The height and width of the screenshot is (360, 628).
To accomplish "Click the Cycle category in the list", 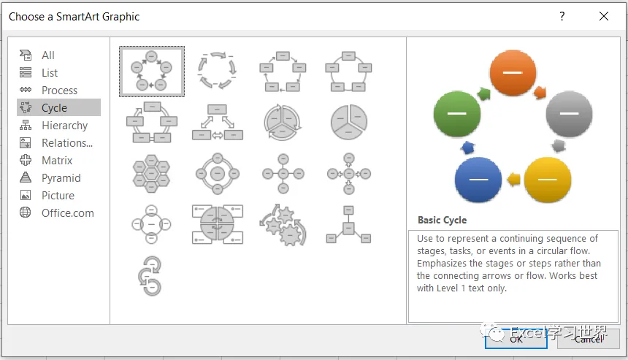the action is tap(55, 108).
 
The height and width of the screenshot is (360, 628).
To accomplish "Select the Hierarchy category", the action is tap(64, 126).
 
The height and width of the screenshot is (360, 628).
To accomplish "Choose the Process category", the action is tap(59, 91).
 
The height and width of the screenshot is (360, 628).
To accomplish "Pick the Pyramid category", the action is tap(61, 178).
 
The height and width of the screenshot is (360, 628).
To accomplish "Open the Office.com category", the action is tap(67, 213).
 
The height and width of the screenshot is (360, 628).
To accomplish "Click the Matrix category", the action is tap(57, 161).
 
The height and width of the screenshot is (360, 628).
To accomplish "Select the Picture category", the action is tap(58, 196).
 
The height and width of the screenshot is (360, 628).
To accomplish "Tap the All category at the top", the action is tap(48, 55).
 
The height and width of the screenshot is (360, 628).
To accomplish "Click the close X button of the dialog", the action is tap(603, 16).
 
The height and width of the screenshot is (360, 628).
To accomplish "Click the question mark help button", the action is tap(562, 16).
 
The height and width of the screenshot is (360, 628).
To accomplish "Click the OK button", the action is tap(516, 338).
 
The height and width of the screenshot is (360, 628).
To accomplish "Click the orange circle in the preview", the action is tap(513, 74).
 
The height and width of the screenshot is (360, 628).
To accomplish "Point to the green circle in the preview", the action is tap(456, 114).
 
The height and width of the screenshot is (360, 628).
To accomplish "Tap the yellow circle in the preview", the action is tap(548, 180).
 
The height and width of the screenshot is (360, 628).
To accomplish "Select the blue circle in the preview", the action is tap(478, 180).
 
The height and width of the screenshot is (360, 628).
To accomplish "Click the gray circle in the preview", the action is tap(570, 114).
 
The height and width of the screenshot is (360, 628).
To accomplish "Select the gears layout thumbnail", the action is tap(283, 224).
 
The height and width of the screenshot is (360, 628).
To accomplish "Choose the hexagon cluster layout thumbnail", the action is tap(152, 173).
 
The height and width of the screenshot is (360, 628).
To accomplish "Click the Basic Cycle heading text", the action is tap(442, 220).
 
